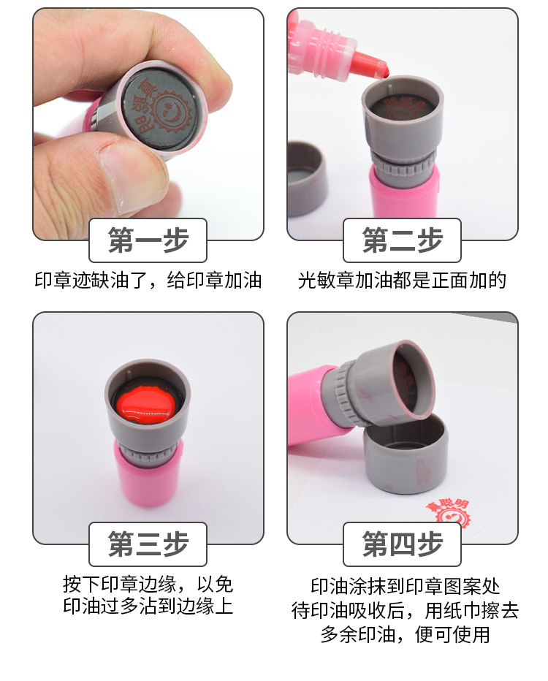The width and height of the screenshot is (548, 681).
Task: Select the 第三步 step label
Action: [x=148, y=544]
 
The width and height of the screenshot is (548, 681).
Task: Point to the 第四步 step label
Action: [x=403, y=544]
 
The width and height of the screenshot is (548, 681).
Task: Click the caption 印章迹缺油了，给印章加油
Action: [x=148, y=281]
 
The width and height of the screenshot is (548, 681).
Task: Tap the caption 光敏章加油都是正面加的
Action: [x=403, y=281]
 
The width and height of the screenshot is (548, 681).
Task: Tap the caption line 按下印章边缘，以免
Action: [x=148, y=585]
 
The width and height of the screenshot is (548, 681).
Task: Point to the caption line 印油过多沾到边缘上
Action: [x=148, y=606]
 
